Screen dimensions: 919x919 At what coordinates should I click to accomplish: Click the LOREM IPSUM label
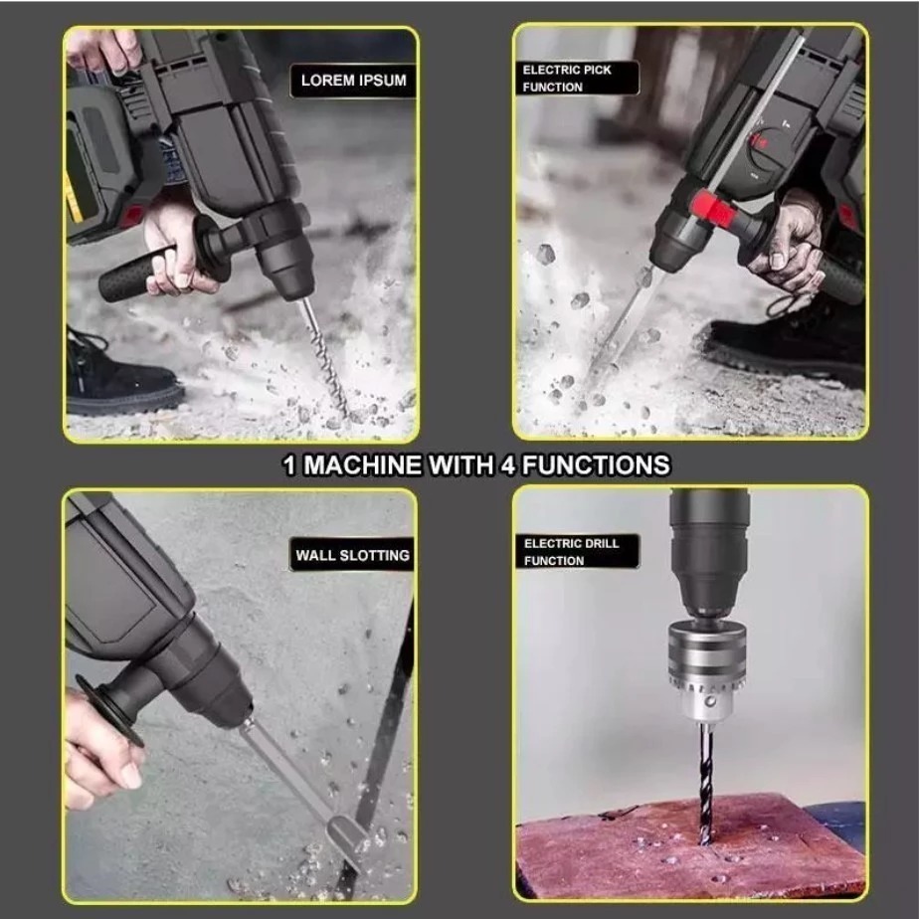pos(353,81)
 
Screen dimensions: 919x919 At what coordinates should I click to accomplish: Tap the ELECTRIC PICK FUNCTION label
pos(575,78)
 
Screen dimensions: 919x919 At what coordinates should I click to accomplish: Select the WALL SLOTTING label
pos(352,554)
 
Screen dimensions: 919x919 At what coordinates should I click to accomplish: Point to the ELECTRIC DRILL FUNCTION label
pos(577,552)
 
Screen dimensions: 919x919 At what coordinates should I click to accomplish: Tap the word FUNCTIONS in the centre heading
pos(596,464)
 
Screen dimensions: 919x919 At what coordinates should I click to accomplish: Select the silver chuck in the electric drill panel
pos(707,670)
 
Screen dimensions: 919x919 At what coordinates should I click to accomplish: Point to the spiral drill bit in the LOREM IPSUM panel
pos(325,356)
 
